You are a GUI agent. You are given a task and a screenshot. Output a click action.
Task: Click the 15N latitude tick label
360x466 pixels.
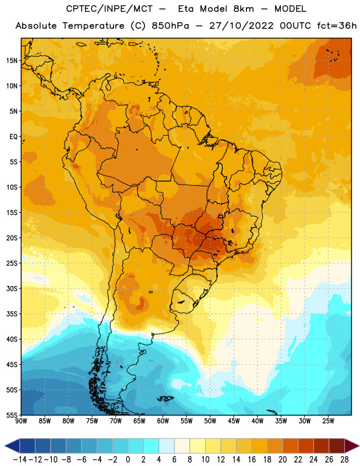(12, 61)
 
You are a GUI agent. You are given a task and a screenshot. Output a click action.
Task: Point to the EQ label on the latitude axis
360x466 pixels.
(13, 137)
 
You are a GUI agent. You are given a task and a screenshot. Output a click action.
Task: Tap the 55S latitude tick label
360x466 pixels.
(12, 415)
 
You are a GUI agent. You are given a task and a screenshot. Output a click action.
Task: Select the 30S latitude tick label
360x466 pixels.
(12, 288)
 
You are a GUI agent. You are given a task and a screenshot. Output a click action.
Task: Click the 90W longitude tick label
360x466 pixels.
(22, 421)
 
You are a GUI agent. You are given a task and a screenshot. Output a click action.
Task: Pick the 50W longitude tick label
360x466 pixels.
(210, 421)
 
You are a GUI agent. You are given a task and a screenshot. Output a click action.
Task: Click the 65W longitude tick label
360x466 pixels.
(139, 421)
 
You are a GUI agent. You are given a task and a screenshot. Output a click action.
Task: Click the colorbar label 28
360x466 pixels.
(344, 460)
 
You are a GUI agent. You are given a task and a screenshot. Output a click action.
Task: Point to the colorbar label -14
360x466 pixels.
(20, 460)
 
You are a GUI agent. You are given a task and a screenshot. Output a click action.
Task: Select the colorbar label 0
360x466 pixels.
(128, 460)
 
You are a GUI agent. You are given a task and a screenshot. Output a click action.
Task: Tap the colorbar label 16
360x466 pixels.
(252, 460)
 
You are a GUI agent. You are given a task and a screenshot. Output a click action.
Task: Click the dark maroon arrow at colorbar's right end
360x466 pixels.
(351, 446)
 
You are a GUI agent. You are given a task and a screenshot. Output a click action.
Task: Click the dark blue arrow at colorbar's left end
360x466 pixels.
(12, 446)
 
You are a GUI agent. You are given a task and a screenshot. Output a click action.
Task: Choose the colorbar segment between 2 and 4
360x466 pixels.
(151, 446)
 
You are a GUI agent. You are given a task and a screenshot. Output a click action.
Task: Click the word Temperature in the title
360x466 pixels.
(93, 26)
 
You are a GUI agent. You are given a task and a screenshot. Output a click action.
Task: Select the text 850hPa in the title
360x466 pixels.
(170, 26)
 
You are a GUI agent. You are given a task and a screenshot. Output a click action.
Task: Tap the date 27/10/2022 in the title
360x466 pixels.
(241, 26)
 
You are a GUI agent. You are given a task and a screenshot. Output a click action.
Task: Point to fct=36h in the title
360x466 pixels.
(337, 26)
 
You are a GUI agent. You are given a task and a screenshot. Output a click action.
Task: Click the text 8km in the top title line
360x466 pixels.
(243, 9)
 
